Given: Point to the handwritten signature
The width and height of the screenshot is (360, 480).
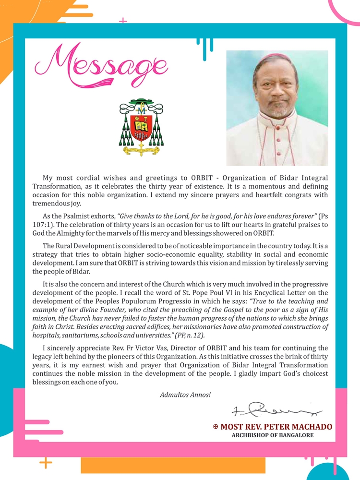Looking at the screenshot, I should point(276,410).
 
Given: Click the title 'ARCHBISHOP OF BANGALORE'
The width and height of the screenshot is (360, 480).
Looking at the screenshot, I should point(273,435).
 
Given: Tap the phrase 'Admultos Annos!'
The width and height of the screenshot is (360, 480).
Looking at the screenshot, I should point(185,395).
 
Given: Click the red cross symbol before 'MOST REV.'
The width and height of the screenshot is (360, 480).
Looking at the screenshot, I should point(216,427).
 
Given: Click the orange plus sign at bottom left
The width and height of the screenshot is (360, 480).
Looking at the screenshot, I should point(46,463).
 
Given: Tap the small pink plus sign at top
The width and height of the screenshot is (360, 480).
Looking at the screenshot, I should point(123,21).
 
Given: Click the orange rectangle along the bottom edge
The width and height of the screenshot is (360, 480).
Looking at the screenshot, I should point(173,465).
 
